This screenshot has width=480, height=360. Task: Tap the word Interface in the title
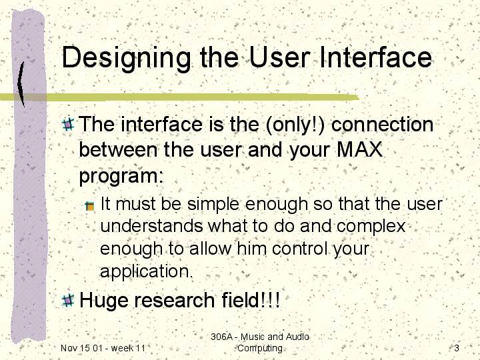pyautogui.click(x=375, y=57)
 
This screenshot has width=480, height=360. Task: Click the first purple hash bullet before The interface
pyautogui.click(x=68, y=124)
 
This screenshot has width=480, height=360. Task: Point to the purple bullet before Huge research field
pyautogui.click(x=68, y=300)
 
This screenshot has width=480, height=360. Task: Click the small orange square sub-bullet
pyautogui.click(x=90, y=206)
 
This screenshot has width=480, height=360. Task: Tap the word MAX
pyautogui.click(x=359, y=150)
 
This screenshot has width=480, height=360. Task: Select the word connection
pyautogui.click(x=383, y=124)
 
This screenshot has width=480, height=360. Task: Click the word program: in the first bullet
pyautogui.click(x=121, y=176)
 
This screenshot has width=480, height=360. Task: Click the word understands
pyautogui.click(x=151, y=226)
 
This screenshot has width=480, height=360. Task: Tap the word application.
pyautogui.click(x=146, y=271)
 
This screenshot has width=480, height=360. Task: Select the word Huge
pyautogui.click(x=103, y=301)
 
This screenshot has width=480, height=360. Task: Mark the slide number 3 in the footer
pyautogui.click(x=457, y=348)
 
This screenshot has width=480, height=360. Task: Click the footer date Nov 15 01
pyautogui.click(x=81, y=348)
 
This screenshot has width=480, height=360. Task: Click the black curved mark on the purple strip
pyautogui.click(x=21, y=84)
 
